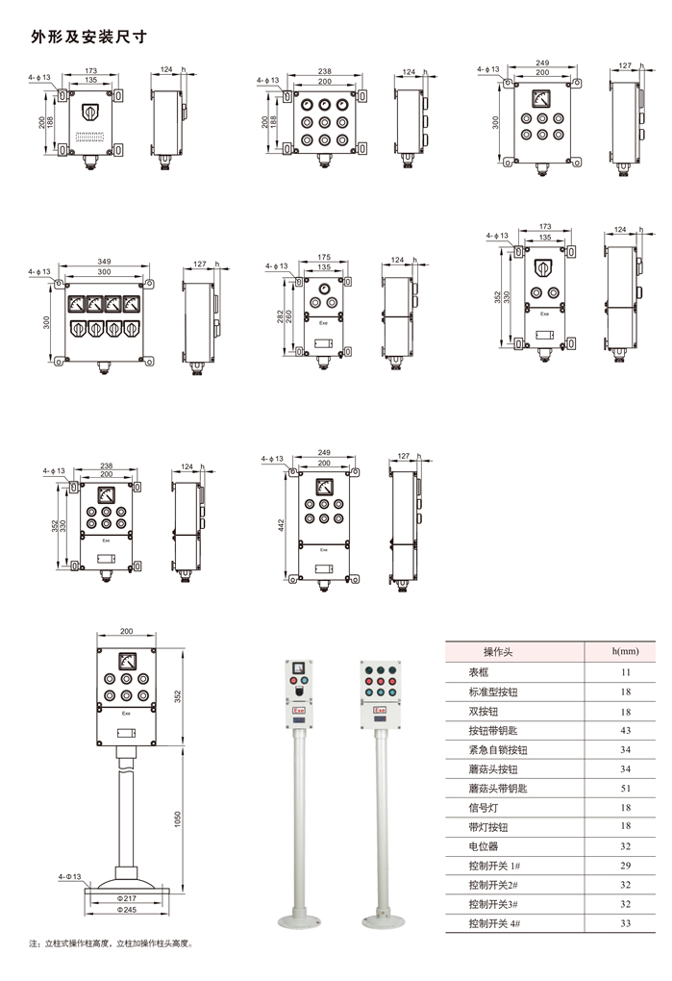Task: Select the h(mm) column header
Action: click(x=626, y=651)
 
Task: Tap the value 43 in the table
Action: click(x=626, y=730)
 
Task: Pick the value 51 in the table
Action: click(x=626, y=788)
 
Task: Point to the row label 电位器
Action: click(x=483, y=845)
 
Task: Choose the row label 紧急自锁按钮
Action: click(x=498, y=749)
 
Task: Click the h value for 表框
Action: click(x=626, y=672)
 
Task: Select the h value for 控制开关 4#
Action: click(x=626, y=923)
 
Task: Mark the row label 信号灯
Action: click(x=483, y=807)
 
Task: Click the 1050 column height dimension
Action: click(x=177, y=818)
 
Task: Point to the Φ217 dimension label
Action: click(x=127, y=897)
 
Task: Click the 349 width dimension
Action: click(x=104, y=262)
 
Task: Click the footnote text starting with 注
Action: click(x=111, y=943)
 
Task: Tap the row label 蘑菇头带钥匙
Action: click(x=491, y=788)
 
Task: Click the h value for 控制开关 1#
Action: click(x=626, y=866)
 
